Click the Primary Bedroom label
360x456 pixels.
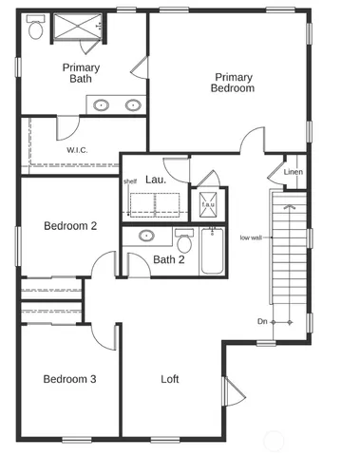[233, 83]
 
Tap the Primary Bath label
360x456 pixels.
[83, 73]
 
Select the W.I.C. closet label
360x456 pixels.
[78, 150]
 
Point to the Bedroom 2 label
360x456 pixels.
[70, 226]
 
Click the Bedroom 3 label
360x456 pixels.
[70, 379]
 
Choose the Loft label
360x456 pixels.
[169, 379]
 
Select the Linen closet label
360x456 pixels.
[294, 171]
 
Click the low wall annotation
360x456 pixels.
[251, 237]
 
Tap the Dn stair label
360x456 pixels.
[261, 321]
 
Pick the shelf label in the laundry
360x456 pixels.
[130, 181]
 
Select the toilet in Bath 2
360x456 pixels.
[183, 237]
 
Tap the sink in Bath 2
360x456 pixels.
[146, 236]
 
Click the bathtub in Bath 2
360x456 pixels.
[210, 252]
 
